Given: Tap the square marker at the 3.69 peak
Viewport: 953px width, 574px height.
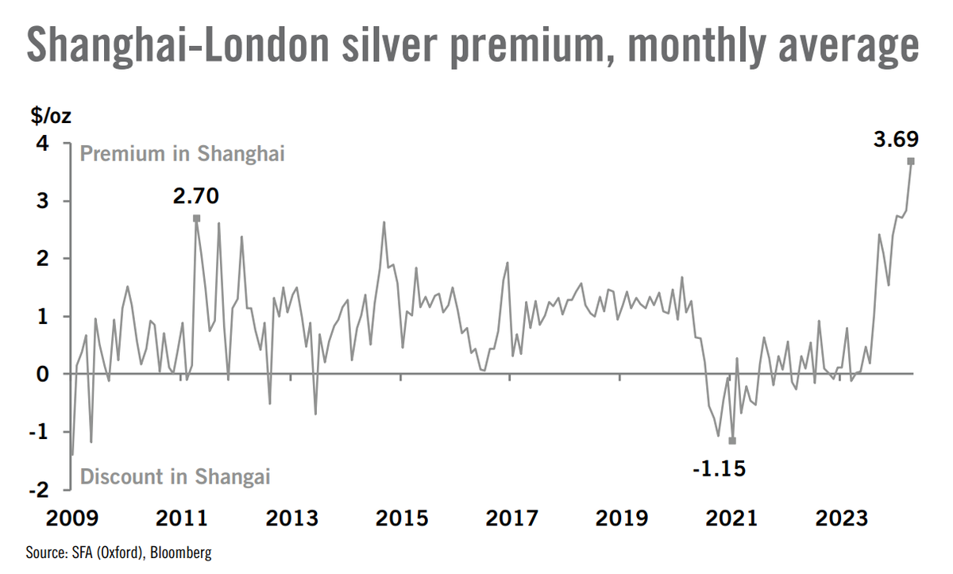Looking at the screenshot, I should pyautogui.click(x=911, y=161).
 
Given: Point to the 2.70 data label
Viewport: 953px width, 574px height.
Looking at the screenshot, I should pyautogui.click(x=195, y=195).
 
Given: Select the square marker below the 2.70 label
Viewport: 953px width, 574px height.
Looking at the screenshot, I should pyautogui.click(x=196, y=218).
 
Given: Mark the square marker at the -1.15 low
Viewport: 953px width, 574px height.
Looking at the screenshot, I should pyautogui.click(x=732, y=441).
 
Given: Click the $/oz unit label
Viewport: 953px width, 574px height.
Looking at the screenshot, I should pyautogui.click(x=51, y=116).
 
